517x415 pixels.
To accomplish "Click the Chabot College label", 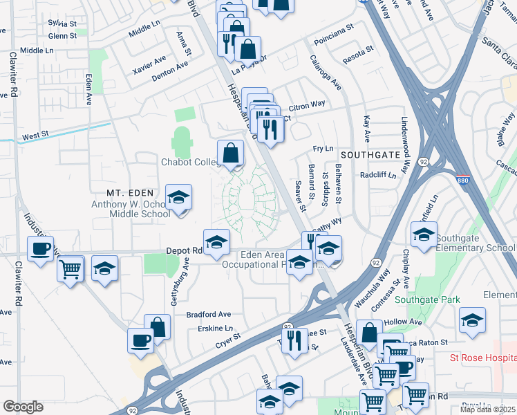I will pos(190,162).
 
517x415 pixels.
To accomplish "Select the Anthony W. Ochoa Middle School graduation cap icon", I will pos(179,199).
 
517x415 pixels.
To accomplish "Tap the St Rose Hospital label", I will pos(482,358).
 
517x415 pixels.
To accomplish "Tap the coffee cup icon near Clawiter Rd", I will pos(41,249).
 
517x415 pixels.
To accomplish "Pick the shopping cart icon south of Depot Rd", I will pos(70,269).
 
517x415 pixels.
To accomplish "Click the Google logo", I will pos(23,407).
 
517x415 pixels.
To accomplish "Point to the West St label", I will pos(34,137).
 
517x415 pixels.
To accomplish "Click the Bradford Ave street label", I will pos(208,314).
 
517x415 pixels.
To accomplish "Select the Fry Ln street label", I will pos(323,149).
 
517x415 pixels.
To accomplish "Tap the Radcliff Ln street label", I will pos(377,175).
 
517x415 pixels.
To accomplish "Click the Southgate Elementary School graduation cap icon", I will pos(424,235).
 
